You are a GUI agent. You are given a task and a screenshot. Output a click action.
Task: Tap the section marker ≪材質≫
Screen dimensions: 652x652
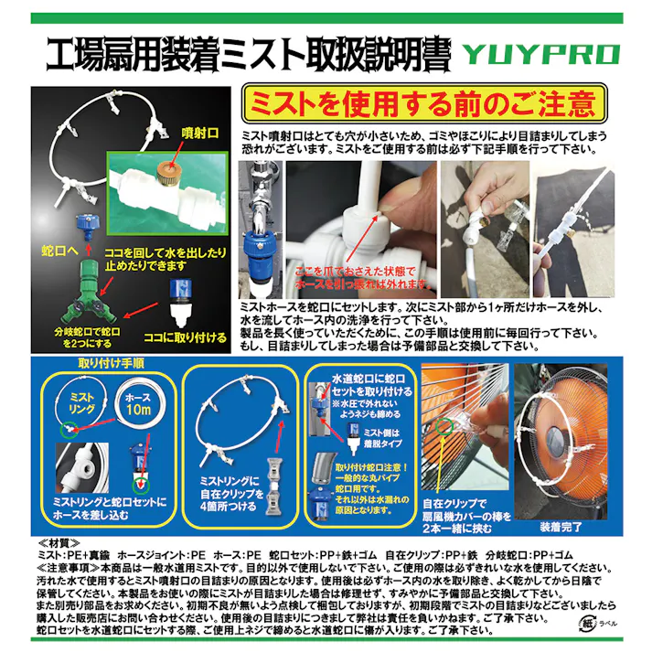click(x=57, y=544)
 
